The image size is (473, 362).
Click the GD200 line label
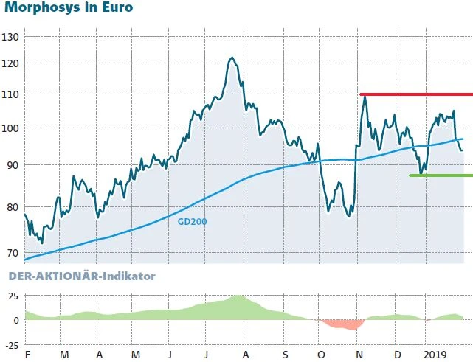pyautogui.click(x=193, y=220)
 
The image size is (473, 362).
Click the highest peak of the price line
pyautogui.click(x=232, y=58)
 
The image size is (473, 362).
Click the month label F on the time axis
pyautogui.click(x=27, y=355)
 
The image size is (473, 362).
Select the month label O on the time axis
pyautogui.click(x=321, y=355)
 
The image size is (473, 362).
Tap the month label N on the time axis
pyautogui.click(x=359, y=355)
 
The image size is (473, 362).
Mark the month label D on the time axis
pyautogui.click(x=396, y=355)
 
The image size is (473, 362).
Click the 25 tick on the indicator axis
pyautogui.click(x=12, y=296)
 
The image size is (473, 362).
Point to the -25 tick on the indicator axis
pyautogui.click(x=10, y=344)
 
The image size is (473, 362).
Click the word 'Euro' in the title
pyautogui.click(x=114, y=10)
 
